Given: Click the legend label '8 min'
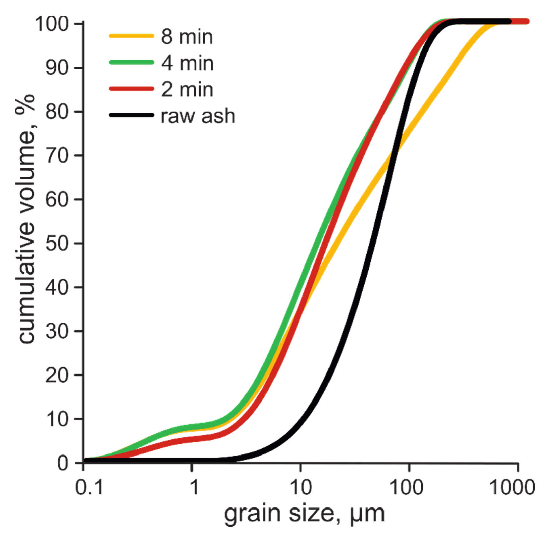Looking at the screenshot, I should (x=186, y=37).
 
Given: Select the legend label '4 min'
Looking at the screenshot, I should (x=187, y=63).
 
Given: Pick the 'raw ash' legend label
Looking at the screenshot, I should (x=198, y=116).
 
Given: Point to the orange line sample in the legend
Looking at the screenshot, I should (x=131, y=36).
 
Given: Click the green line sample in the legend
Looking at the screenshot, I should (x=131, y=62).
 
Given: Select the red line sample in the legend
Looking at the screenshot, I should (x=131, y=89).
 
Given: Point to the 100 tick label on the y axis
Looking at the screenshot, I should (x=51, y=24).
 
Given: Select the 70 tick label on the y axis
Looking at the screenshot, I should (x=57, y=156).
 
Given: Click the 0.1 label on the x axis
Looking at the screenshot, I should (x=89, y=488).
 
